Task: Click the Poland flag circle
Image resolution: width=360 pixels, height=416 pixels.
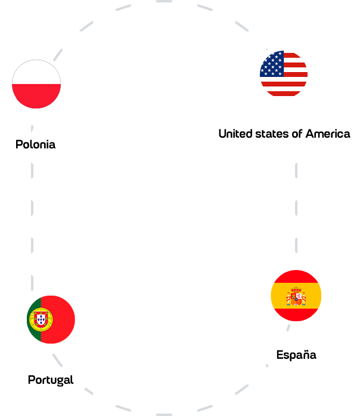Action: click(x=36, y=84)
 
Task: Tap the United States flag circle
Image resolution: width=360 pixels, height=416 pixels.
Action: click(x=284, y=73)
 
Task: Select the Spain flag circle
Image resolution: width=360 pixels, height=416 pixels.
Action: click(x=296, y=296)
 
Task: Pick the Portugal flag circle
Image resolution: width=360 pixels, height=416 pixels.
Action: click(x=51, y=319)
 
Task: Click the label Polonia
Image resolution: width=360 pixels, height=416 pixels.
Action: click(x=36, y=145)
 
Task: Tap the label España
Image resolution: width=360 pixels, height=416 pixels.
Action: click(x=296, y=355)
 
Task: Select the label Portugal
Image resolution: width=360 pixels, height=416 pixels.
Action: click(x=51, y=380)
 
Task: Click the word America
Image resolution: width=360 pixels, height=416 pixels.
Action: click(x=328, y=134)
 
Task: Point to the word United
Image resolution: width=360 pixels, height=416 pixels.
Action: click(x=235, y=134)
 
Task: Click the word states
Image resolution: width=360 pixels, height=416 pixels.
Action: click(x=272, y=134)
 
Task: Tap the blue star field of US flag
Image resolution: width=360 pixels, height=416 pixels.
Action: click(x=272, y=64)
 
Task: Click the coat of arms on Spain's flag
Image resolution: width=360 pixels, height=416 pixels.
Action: click(x=296, y=296)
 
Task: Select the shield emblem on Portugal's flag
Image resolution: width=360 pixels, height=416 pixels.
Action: click(x=41, y=319)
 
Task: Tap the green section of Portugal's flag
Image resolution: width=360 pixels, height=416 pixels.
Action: click(x=34, y=319)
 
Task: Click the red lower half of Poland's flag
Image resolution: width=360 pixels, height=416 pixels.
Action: click(x=36, y=96)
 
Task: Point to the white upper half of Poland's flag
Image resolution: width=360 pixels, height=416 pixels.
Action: click(x=36, y=72)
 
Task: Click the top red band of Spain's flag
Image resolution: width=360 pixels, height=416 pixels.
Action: click(x=296, y=277)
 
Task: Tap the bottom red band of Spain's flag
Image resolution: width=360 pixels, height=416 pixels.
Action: click(x=296, y=315)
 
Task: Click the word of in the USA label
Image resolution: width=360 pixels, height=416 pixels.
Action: click(x=297, y=134)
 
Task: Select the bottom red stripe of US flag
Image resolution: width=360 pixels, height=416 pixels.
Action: click(x=284, y=94)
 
